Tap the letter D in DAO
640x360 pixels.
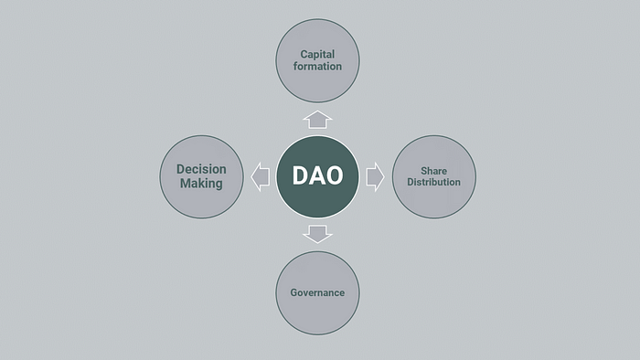coord(300,176)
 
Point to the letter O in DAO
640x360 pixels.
coord(334,176)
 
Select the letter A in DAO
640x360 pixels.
coord(316,176)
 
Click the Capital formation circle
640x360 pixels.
coord(317,60)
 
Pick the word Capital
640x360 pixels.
coord(318,54)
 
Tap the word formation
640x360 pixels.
coord(318,67)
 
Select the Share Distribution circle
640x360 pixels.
coord(433,176)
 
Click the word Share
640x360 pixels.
coord(433,170)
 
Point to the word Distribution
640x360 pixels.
coord(433,182)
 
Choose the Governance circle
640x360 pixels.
coord(317,292)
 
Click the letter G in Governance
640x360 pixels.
coord(293,292)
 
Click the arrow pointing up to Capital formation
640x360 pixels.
coord(317,119)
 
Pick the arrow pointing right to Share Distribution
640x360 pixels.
coord(375,176)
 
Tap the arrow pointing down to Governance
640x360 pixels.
coord(317,234)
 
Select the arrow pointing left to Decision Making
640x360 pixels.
coord(260,176)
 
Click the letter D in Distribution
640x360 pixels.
coord(408,182)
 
